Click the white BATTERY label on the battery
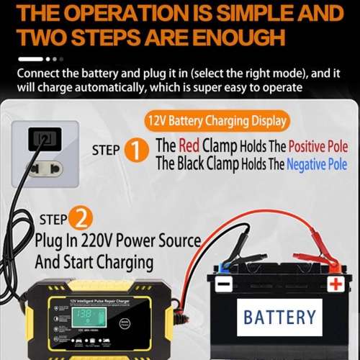tap(279, 318)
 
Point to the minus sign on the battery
tap(224, 283)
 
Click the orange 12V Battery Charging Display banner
tap(217, 120)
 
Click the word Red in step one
tap(189, 146)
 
